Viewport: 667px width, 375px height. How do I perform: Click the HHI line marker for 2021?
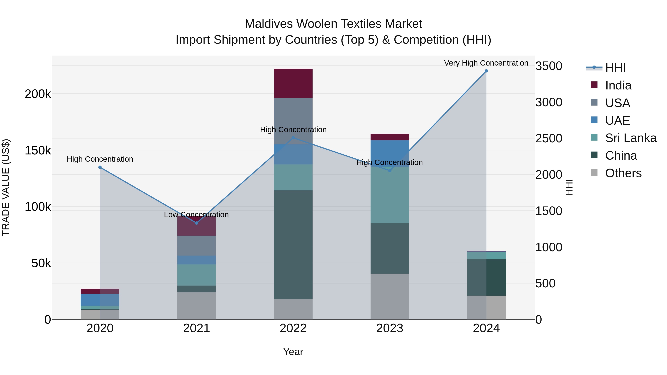(x=197, y=223)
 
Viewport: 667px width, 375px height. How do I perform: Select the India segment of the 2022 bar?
(x=293, y=83)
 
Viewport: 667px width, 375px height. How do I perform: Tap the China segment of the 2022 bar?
(x=293, y=245)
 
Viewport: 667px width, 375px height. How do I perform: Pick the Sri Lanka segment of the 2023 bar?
(x=390, y=195)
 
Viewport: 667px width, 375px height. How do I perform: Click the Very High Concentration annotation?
(x=486, y=63)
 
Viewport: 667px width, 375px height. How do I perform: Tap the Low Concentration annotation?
(x=196, y=215)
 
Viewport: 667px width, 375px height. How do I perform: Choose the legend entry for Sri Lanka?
(x=631, y=138)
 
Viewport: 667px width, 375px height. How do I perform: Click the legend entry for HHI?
(x=615, y=68)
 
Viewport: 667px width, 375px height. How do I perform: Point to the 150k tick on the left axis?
(x=38, y=150)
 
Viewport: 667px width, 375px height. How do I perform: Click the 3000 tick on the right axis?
(x=549, y=102)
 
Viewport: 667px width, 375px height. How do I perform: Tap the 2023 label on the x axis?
(x=390, y=328)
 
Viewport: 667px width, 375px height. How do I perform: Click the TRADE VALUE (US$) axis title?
(x=6, y=187)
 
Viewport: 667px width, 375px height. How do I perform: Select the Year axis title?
(x=293, y=352)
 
